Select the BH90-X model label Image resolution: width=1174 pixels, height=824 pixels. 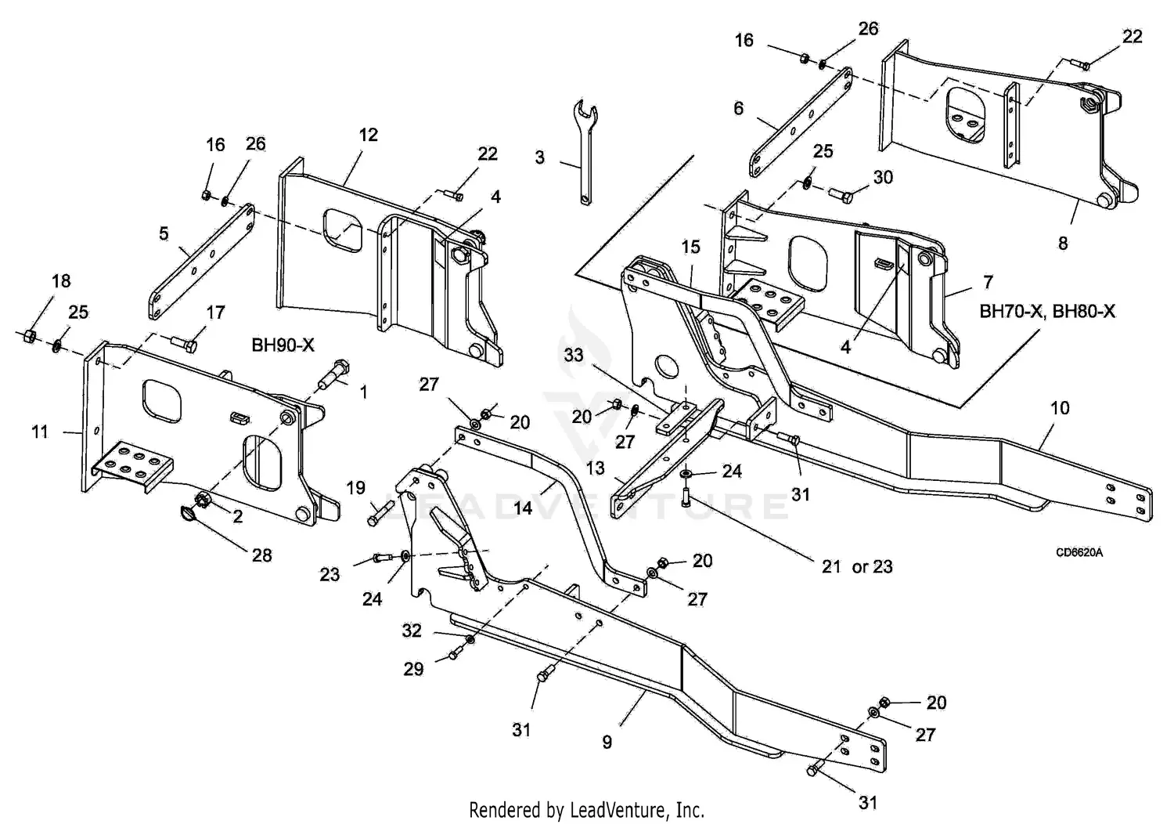[x=283, y=345]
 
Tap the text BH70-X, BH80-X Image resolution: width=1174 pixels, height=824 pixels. [x=1047, y=311]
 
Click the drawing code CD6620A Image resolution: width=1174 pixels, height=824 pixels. [x=1079, y=552]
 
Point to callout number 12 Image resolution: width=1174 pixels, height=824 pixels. [x=368, y=135]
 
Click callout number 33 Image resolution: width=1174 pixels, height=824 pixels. [x=574, y=355]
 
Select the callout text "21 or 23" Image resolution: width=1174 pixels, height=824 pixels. [x=857, y=566]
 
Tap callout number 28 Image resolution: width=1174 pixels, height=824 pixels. [x=261, y=555]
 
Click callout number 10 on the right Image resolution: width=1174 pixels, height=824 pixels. [x=1059, y=408]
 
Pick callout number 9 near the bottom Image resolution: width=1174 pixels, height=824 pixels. [x=607, y=741]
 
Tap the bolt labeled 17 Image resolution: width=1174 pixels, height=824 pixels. [x=182, y=342]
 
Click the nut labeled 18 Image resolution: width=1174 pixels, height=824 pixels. [x=27, y=336]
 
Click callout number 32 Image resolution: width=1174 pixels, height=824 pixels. [x=412, y=631]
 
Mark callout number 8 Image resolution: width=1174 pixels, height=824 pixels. [x=1062, y=243]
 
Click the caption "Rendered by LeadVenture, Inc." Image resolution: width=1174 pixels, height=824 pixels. [x=586, y=809]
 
